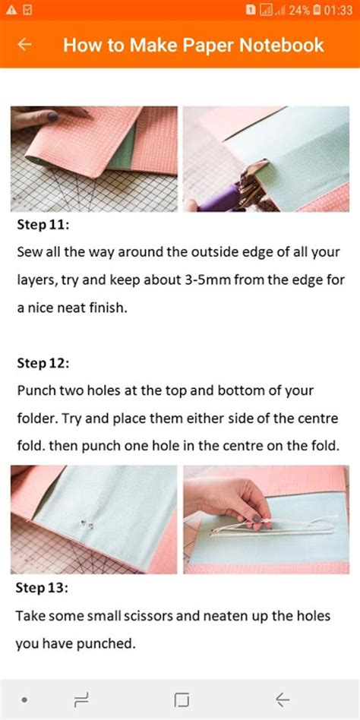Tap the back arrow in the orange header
coord(24,45)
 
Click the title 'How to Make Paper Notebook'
coord(193,45)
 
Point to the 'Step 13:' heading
coord(43,588)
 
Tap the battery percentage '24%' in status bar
coord(298,10)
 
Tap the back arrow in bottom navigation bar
coord(283,699)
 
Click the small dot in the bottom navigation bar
coord(25,699)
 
